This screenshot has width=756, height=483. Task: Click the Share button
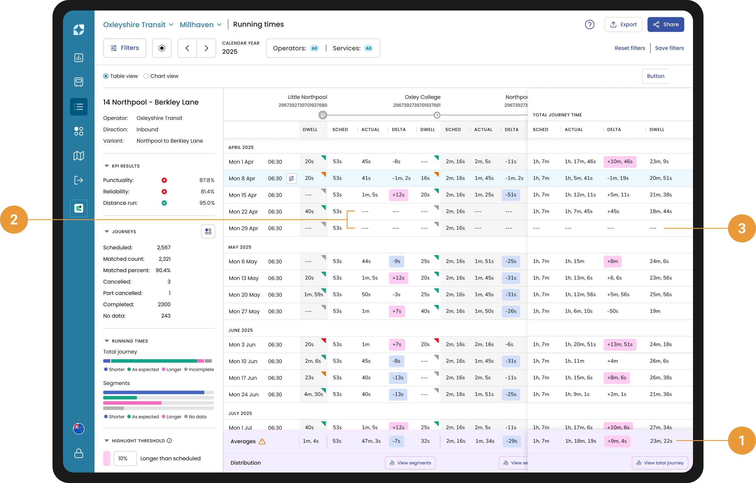pyautogui.click(x=666, y=24)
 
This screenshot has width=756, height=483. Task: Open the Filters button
pyautogui.click(x=125, y=48)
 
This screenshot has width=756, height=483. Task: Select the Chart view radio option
pyautogui.click(x=161, y=76)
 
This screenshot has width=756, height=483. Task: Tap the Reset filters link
pyautogui.click(x=630, y=48)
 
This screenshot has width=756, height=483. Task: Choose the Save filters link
pyautogui.click(x=669, y=48)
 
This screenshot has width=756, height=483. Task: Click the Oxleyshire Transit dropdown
pyautogui.click(x=138, y=24)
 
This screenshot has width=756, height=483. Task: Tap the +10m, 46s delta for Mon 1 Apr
pyautogui.click(x=620, y=161)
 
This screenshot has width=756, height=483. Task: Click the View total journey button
pyautogui.click(x=660, y=463)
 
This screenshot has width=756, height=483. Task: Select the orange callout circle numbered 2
pyautogui.click(x=14, y=220)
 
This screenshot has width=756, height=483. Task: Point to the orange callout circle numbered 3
pyautogui.click(x=742, y=228)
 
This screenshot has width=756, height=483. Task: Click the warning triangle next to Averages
pyautogui.click(x=262, y=442)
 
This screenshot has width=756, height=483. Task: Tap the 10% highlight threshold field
pyautogui.click(x=125, y=459)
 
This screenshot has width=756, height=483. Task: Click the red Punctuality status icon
pyautogui.click(x=164, y=180)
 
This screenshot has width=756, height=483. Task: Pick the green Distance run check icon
pyautogui.click(x=164, y=203)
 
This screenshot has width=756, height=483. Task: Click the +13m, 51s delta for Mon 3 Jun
pyautogui.click(x=620, y=344)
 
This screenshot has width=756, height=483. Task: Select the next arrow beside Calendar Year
pyautogui.click(x=206, y=48)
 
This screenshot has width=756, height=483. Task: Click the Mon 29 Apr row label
pyautogui.click(x=243, y=228)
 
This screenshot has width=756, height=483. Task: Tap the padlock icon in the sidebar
pyautogui.click(x=78, y=453)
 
